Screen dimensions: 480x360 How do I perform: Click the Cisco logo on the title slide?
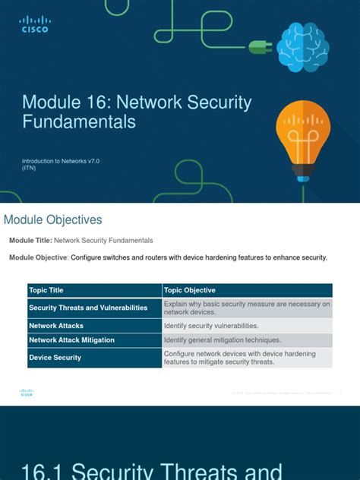34,24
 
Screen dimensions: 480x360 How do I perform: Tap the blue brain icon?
302,46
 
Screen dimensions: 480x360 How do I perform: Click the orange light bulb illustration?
302,132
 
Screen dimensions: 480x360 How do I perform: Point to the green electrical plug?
261,47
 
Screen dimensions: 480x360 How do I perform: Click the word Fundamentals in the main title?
79,122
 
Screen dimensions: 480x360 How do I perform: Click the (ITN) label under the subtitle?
29,169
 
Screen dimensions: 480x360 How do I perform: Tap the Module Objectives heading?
53,220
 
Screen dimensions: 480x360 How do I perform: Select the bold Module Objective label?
39,257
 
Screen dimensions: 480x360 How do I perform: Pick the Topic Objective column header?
190,290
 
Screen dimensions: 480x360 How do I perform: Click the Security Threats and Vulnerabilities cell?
88,308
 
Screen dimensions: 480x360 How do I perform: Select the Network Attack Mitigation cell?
79,340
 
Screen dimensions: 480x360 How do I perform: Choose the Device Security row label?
55,357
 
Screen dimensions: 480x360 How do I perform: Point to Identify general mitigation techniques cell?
223,340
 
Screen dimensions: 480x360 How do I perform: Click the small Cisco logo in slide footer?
27,393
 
